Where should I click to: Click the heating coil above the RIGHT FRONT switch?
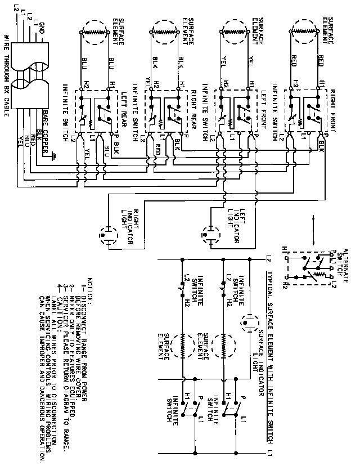307,32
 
